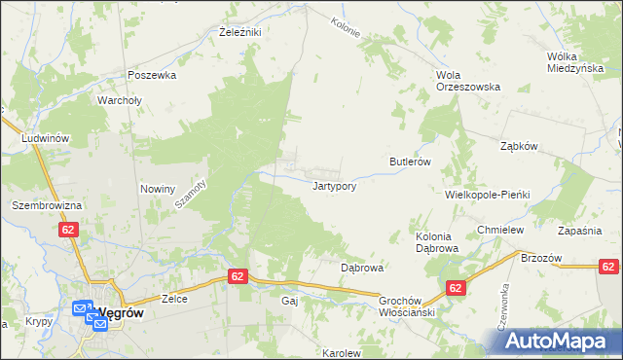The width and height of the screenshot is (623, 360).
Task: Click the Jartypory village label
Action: tap(339, 186)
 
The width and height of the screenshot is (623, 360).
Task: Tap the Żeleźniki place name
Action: tap(238, 31)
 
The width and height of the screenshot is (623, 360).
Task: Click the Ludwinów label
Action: tap(46, 138)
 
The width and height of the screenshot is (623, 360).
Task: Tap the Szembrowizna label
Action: tap(45, 206)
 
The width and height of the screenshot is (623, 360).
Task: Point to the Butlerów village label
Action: tap(410, 162)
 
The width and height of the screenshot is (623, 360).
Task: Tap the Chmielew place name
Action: tap(501, 230)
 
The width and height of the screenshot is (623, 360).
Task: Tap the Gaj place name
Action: tap(289, 302)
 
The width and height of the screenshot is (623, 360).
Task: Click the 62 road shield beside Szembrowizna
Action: tap(67, 230)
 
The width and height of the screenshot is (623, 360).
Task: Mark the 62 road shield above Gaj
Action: tap(238, 277)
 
